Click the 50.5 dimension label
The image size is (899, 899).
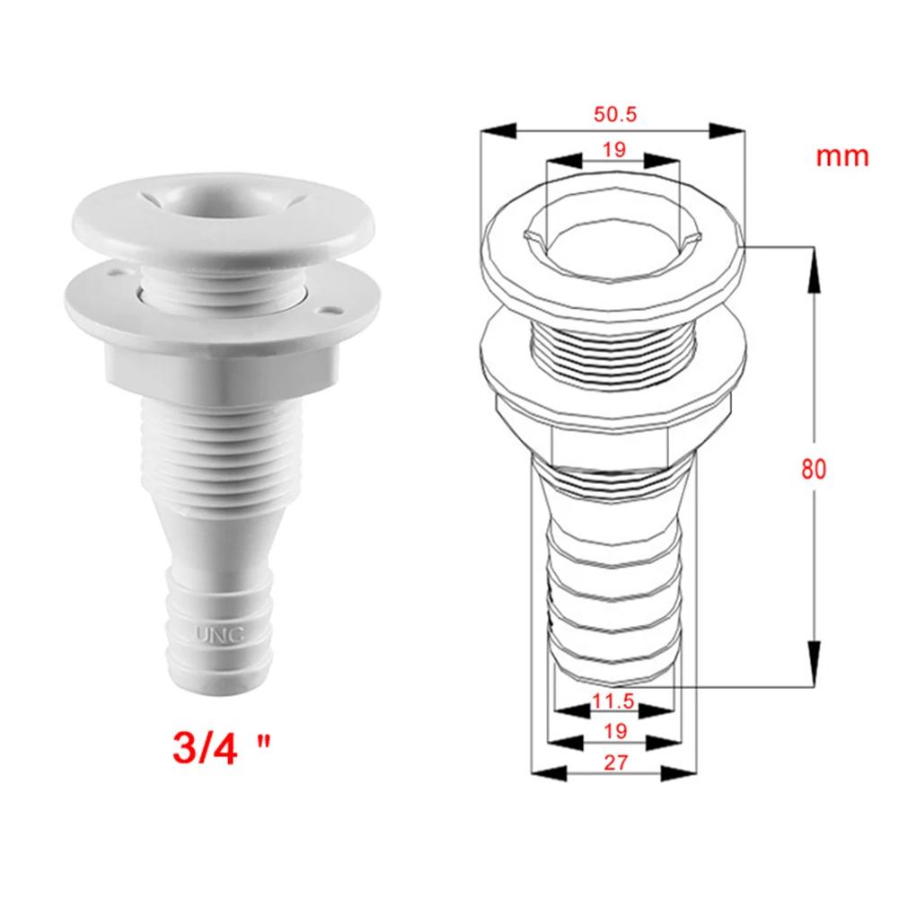point(614,115)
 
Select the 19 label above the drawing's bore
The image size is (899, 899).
point(614,150)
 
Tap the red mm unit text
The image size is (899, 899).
point(842,156)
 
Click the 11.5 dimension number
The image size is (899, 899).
point(614,699)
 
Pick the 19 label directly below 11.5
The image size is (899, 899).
point(614,731)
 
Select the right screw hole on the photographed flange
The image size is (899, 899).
point(333,311)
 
